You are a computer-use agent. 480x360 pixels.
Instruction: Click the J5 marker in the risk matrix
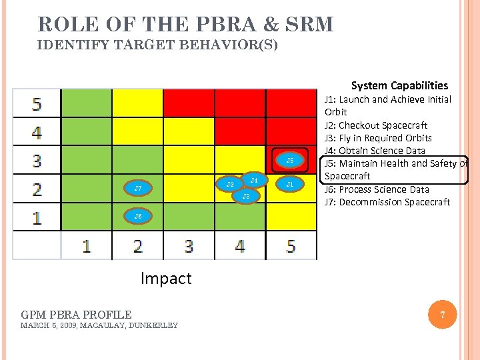coord(289,160)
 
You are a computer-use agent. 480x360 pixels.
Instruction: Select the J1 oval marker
coord(289,184)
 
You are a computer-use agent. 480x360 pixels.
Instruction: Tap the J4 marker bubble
coord(254,181)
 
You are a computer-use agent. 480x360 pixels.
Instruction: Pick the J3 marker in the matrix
coord(245,197)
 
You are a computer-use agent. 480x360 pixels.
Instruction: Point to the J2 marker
coord(230,184)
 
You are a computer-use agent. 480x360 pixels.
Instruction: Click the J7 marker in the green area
coord(138,189)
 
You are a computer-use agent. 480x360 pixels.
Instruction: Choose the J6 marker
coord(138,216)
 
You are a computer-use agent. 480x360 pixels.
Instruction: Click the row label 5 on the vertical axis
coord(37,104)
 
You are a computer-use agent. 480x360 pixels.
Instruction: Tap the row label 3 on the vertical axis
coord(37,161)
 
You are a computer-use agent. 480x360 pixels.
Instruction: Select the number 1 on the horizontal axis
coord(87,246)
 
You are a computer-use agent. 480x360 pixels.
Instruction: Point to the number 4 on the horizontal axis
coord(240,246)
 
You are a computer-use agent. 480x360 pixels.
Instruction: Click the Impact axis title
coord(166,278)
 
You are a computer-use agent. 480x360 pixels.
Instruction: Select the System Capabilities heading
coord(399,85)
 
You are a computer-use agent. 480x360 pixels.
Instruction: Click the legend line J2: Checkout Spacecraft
coord(375,125)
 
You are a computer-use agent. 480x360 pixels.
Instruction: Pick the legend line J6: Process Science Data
coord(377,189)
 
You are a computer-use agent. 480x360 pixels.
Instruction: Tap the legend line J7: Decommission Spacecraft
coord(387,202)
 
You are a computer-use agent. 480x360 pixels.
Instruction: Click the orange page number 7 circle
coord(441,315)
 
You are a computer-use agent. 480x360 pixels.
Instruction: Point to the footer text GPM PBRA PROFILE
coord(76,314)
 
